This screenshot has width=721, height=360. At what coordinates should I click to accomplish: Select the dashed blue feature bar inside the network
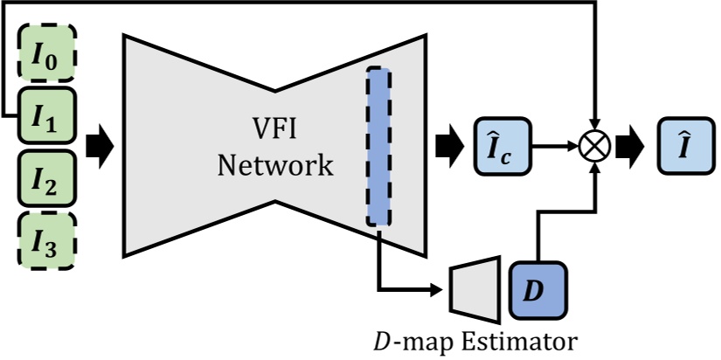(x=378, y=146)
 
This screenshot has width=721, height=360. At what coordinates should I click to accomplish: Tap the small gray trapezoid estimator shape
(x=475, y=287)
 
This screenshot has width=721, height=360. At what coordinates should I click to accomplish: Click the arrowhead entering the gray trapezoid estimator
(x=441, y=287)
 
